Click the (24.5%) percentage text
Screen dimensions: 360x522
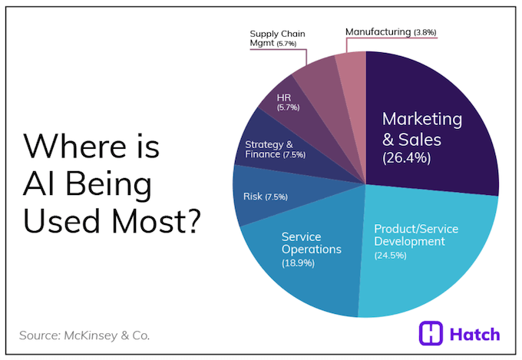click(x=395, y=256)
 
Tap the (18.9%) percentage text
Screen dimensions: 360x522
click(x=302, y=263)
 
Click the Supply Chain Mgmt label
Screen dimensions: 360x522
click(x=279, y=39)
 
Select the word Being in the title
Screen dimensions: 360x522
click(x=107, y=183)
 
